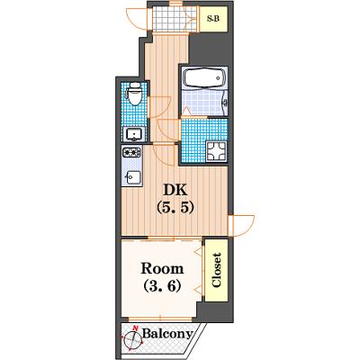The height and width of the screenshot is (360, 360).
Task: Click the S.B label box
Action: coord(213,19)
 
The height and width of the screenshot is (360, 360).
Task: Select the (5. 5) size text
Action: coord(175,207)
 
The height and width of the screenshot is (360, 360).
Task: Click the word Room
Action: coord(162,268)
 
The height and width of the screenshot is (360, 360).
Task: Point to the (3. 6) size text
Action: coord(162,285)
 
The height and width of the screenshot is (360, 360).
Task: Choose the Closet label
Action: coord(216,270)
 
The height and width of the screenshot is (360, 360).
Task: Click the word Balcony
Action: coord(167,333)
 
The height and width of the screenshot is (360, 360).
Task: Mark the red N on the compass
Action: coord(136,328)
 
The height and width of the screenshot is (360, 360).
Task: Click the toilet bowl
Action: coord(135,94)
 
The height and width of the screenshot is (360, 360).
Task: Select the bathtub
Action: coord(204,78)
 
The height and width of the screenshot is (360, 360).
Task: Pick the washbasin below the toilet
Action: coord(133,134)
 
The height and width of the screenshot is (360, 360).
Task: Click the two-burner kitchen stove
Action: coord(131,152)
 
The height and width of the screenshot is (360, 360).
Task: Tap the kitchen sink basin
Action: coord(133,177)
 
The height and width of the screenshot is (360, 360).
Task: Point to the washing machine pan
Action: coord(216,151)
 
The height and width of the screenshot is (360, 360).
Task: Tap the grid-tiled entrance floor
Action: coord(174,19)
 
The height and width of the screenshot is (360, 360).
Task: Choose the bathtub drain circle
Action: coord(218,78)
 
